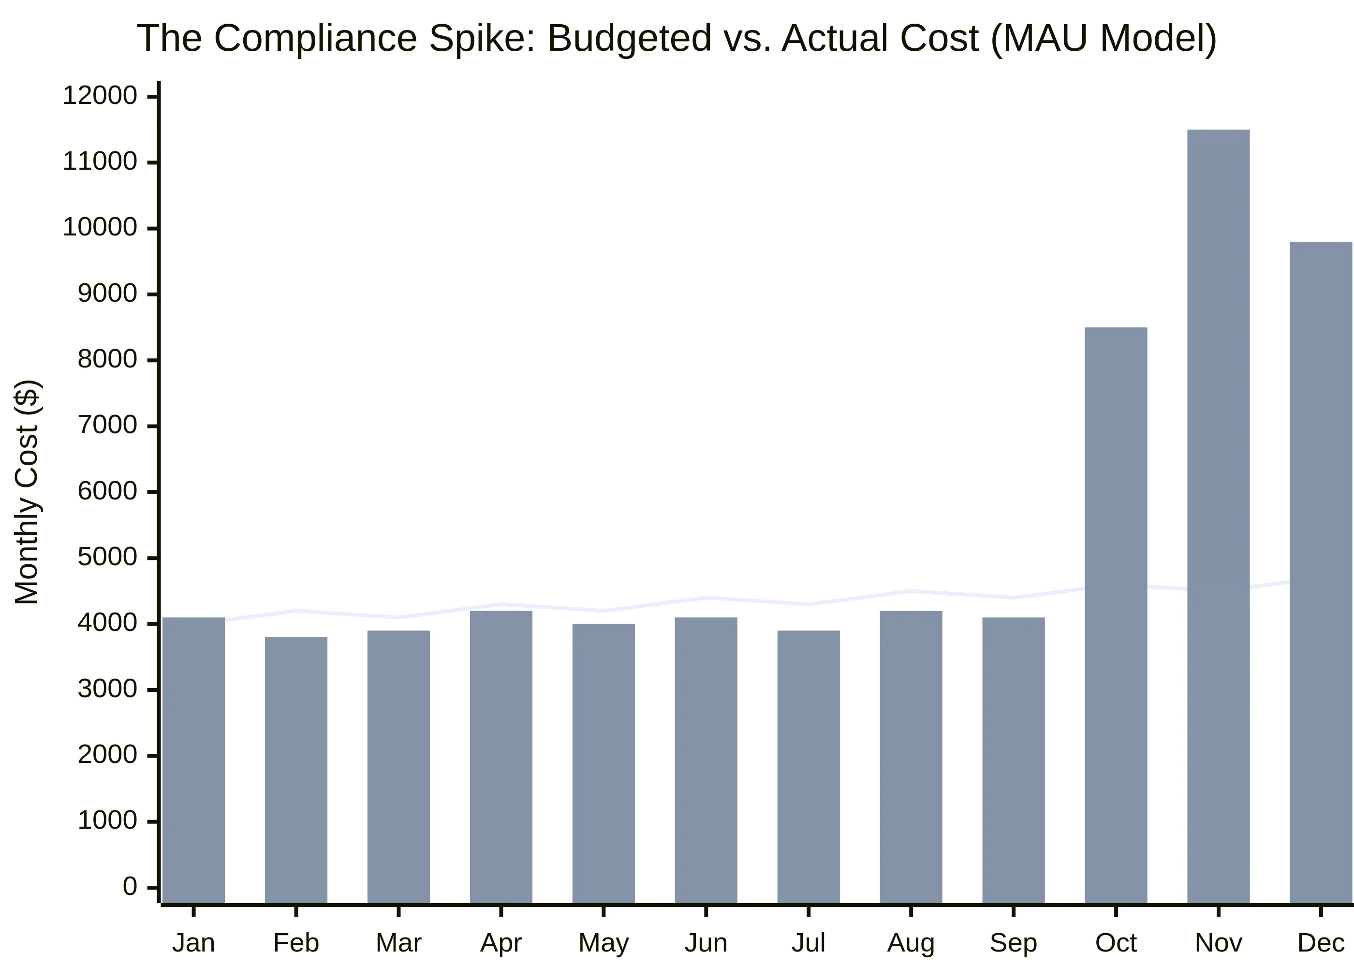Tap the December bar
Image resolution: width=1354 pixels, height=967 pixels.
coord(1321,572)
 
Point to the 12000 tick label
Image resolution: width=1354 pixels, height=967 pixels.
coord(100,96)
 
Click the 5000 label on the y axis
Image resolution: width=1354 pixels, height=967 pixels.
coord(107,557)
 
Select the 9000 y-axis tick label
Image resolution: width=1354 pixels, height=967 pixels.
coord(107,293)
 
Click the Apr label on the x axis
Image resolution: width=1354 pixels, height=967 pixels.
coord(501,943)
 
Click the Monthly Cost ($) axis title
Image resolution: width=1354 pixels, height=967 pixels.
coord(27,492)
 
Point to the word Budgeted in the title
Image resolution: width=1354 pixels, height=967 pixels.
coord(629,39)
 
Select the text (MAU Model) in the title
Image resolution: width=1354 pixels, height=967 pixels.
coord(1104,39)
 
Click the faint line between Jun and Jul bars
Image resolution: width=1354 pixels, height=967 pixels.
coord(757,601)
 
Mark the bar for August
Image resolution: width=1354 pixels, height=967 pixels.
coord(911,757)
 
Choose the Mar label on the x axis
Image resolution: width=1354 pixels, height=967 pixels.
coord(398,943)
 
